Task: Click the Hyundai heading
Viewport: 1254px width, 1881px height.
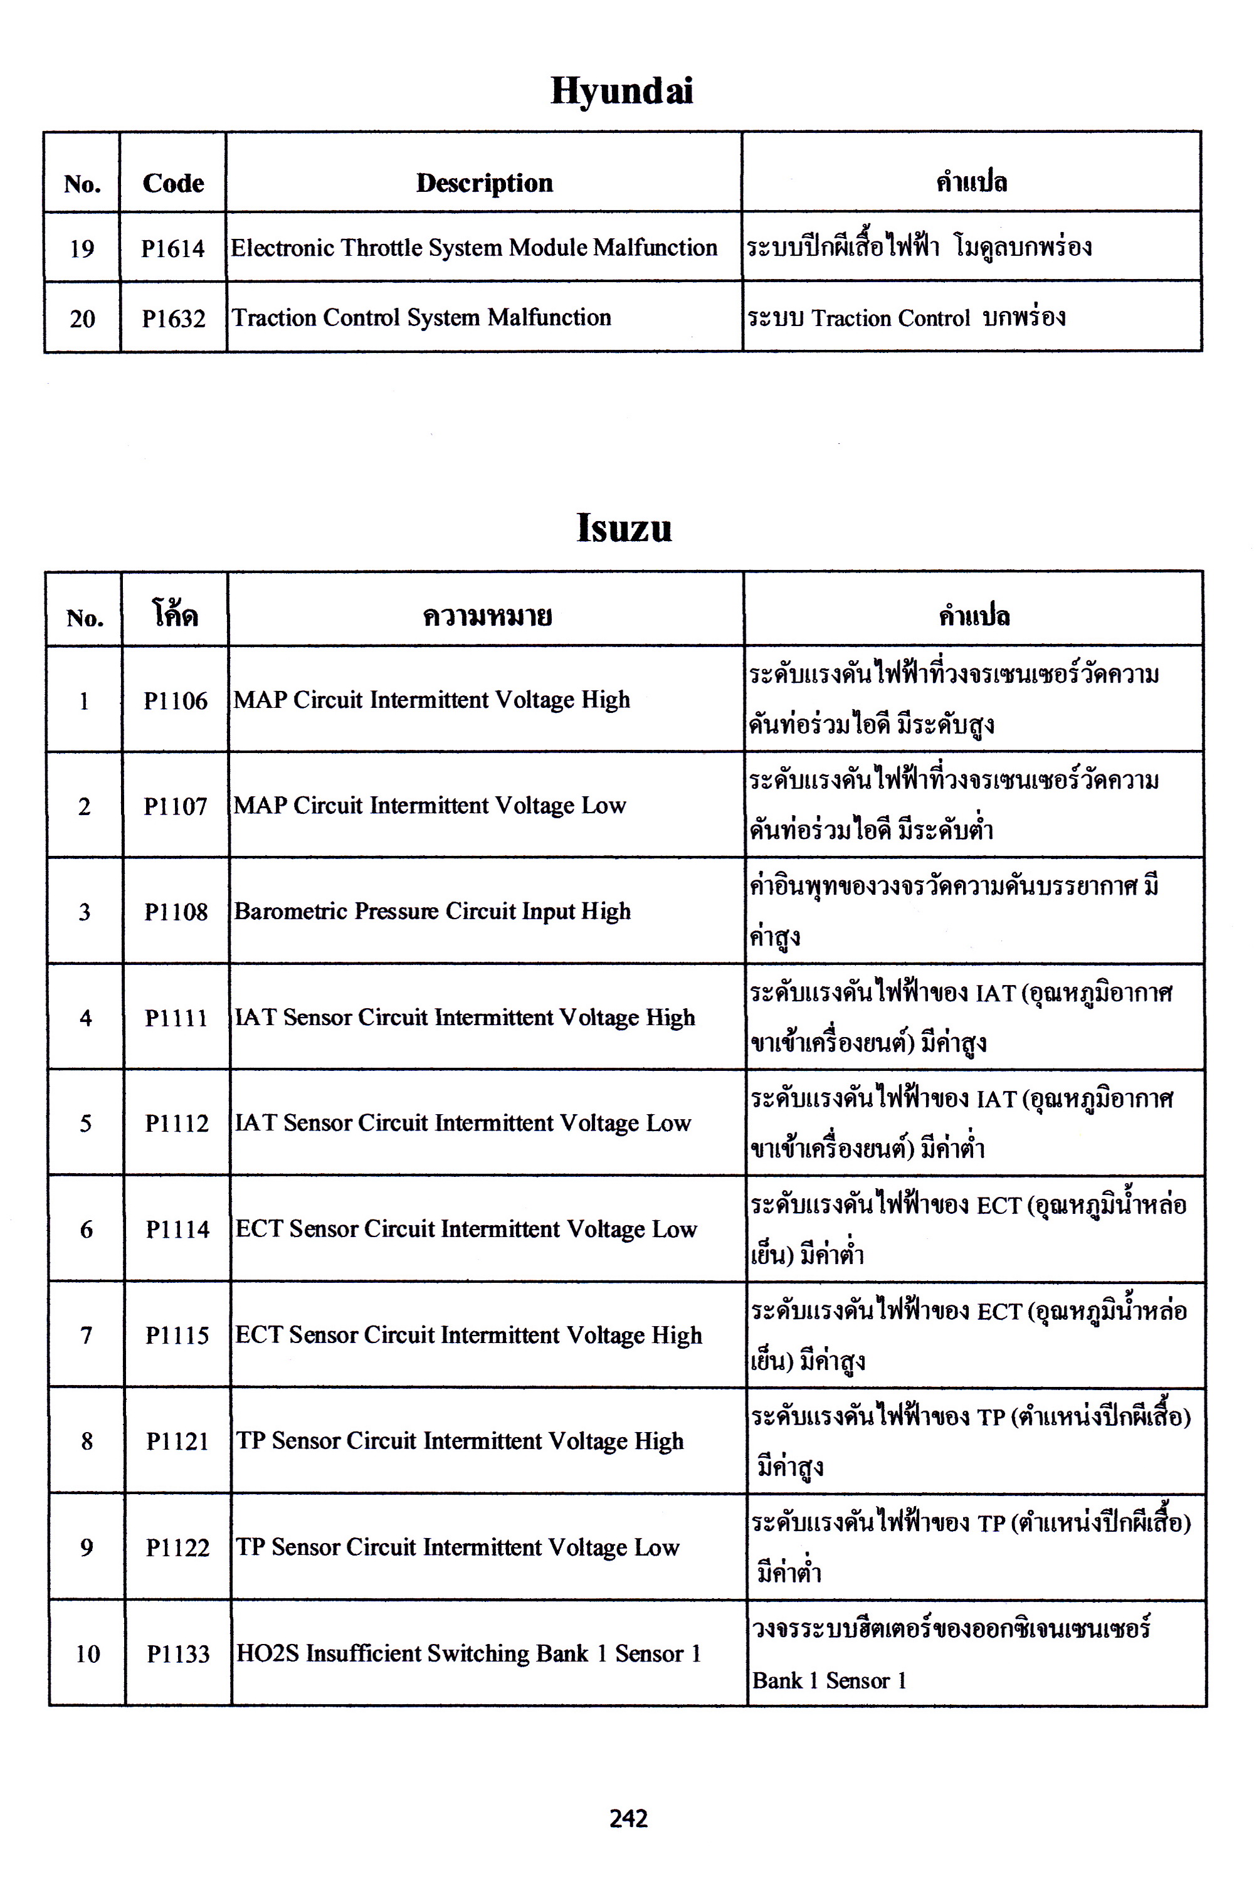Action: (x=621, y=90)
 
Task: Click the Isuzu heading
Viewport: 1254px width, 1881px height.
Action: (x=624, y=528)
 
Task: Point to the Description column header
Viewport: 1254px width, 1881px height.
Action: (x=484, y=182)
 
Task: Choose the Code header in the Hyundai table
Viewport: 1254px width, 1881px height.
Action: (x=173, y=183)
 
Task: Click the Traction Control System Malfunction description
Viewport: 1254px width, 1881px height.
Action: (x=421, y=317)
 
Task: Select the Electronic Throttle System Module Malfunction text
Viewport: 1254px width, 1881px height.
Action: (x=473, y=248)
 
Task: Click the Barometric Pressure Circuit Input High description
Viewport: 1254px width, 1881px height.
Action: (x=432, y=912)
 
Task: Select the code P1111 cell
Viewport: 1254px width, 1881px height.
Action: (x=176, y=1018)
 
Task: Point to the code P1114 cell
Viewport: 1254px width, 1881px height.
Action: (x=177, y=1229)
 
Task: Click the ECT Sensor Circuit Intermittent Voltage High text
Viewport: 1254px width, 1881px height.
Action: (x=468, y=1335)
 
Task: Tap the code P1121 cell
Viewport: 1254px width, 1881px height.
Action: (x=177, y=1441)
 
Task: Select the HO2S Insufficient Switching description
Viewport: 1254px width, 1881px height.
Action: (x=468, y=1653)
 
